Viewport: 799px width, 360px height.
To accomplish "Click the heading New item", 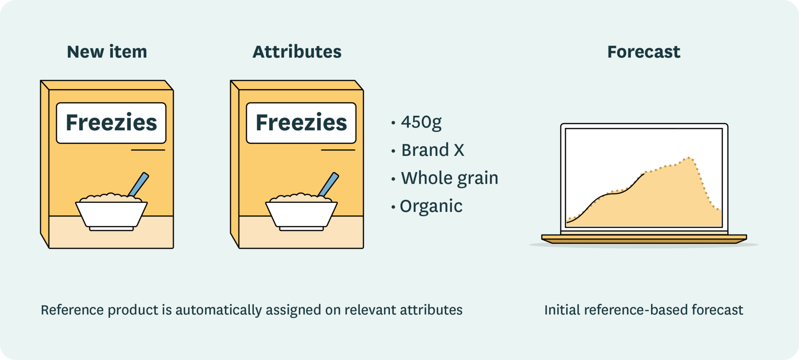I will (107, 52).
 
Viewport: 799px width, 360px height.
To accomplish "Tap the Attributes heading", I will (297, 52).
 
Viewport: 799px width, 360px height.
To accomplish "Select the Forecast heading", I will (644, 52).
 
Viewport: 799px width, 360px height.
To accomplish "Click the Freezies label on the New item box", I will (111, 123).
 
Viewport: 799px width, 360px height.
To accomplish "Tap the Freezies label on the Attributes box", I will (301, 123).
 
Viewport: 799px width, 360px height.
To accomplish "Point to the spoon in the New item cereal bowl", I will (138, 184).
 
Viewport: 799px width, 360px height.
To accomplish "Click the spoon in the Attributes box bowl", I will (328, 184).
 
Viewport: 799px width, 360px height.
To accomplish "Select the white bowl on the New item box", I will (111, 215).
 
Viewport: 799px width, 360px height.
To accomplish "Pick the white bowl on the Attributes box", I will (301, 215).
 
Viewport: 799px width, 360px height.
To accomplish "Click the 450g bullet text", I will (421, 122).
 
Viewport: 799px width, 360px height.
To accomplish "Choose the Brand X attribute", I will (433, 150).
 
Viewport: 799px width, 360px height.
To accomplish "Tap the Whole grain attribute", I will (449, 178).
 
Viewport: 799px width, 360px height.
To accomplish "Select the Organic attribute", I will (431, 206).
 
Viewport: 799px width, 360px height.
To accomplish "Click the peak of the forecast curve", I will (689, 158).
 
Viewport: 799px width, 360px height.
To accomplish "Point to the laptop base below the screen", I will (644, 238).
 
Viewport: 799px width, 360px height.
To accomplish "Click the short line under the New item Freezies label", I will (148, 150).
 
